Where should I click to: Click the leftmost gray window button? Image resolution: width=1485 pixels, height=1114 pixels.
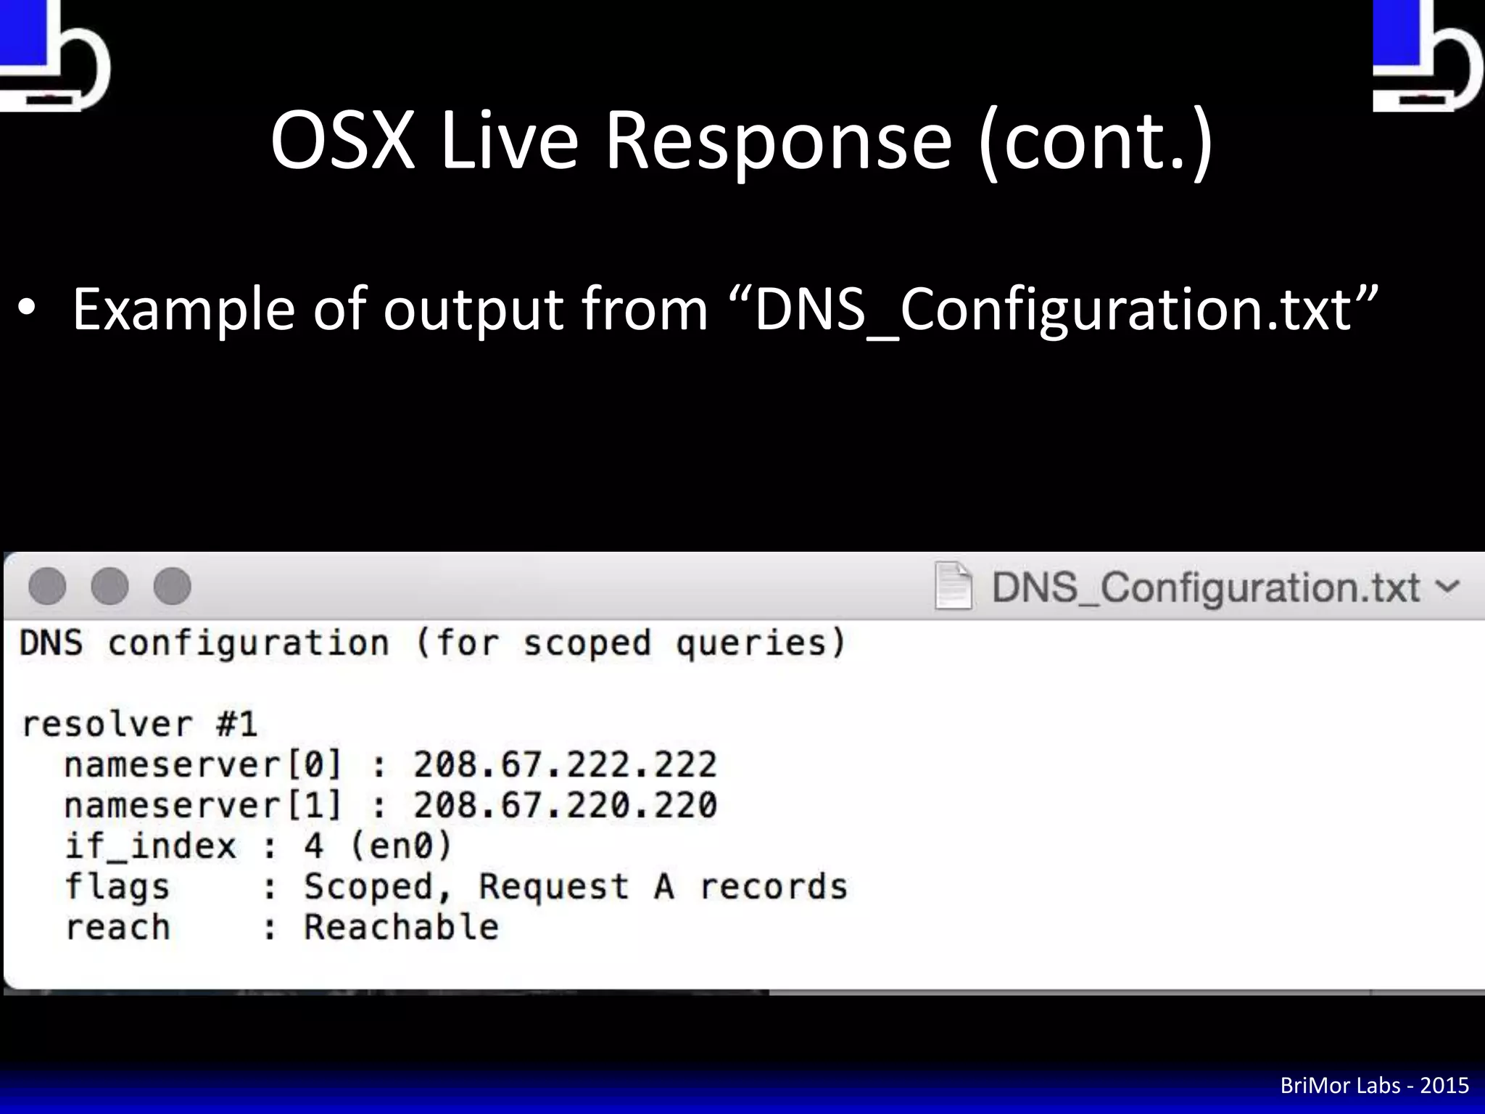[48, 586]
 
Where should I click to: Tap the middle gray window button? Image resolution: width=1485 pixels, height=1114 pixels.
[110, 586]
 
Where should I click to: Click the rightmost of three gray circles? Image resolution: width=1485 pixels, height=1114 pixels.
[173, 586]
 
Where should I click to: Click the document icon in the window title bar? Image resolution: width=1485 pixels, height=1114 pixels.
[954, 586]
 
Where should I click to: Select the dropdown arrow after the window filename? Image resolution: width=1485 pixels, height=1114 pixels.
[1447, 586]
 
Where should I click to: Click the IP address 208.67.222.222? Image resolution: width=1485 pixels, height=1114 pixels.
[565, 764]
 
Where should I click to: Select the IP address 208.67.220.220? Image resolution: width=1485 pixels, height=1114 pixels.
[565, 805]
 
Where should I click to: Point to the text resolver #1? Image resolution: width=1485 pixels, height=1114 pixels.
[139, 724]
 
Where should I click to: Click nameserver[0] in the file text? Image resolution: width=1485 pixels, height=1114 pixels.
[202, 764]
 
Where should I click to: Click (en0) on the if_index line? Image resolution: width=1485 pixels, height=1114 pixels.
[401, 846]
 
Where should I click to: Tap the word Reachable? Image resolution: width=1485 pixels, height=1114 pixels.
[401, 927]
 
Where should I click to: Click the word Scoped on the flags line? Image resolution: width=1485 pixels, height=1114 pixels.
[368, 886]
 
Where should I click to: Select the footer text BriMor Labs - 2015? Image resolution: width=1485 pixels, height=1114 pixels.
[1374, 1085]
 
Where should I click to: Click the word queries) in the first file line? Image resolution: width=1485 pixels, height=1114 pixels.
[761, 643]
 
